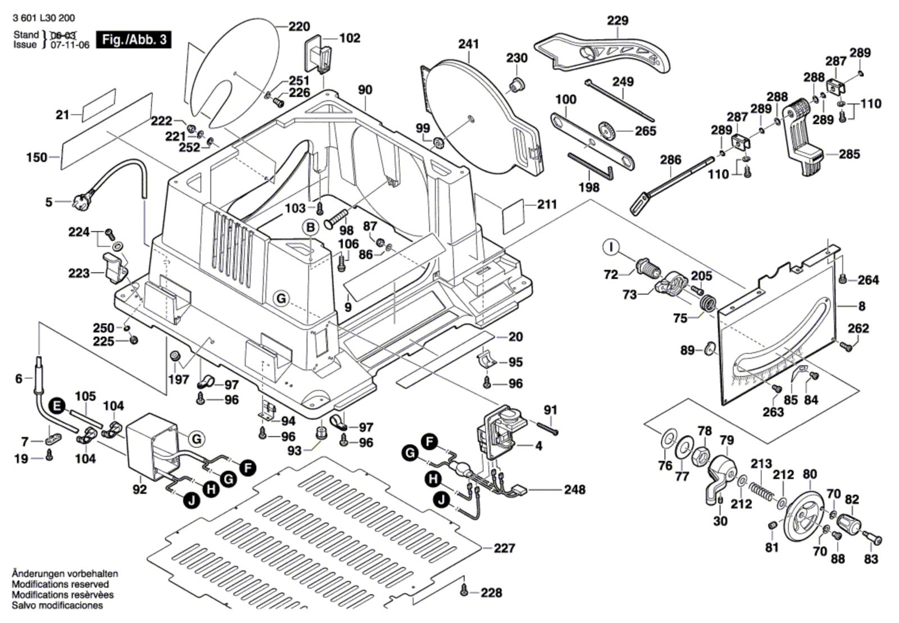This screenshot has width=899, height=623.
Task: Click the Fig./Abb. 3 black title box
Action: pos(134,40)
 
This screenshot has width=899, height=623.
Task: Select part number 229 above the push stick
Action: pos(618,21)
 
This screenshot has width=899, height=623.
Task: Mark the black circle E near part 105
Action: pos(57,405)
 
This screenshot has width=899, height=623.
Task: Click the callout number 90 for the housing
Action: pos(365,90)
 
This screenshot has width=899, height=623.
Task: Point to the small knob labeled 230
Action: pos(515,85)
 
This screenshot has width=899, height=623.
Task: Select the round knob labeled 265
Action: pos(607,130)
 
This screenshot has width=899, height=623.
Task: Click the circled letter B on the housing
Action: pos(310,227)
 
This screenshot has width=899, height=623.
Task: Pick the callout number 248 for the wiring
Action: pos(575,489)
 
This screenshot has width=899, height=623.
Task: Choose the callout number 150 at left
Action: pos(37,157)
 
